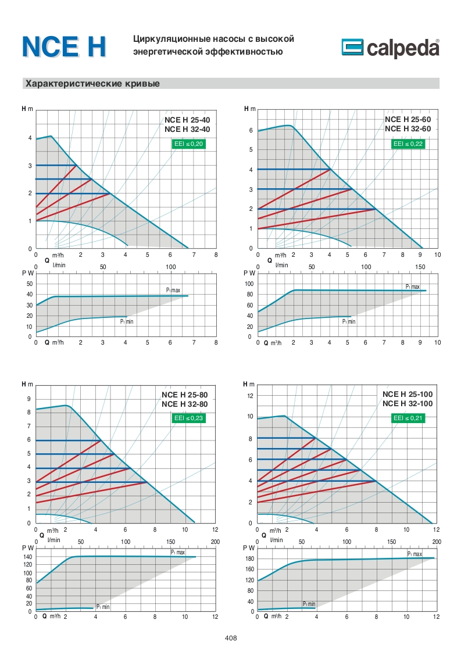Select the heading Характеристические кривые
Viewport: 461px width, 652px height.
[x=92, y=84]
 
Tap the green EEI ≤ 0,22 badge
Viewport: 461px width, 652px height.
[x=408, y=144]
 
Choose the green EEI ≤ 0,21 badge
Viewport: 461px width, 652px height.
[x=408, y=418]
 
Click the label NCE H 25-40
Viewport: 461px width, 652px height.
[x=188, y=120]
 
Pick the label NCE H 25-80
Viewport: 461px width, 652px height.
[x=184, y=395]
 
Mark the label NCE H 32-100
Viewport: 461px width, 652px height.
[x=408, y=404]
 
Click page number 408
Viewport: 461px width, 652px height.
[x=231, y=638]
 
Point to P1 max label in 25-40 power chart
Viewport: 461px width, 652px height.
[x=173, y=289]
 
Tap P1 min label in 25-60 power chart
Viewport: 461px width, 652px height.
[x=349, y=321]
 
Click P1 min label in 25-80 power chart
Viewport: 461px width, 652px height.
[x=103, y=607]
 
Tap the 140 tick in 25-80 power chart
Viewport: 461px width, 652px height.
[x=27, y=557]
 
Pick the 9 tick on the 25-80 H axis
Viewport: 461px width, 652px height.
[x=28, y=399]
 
